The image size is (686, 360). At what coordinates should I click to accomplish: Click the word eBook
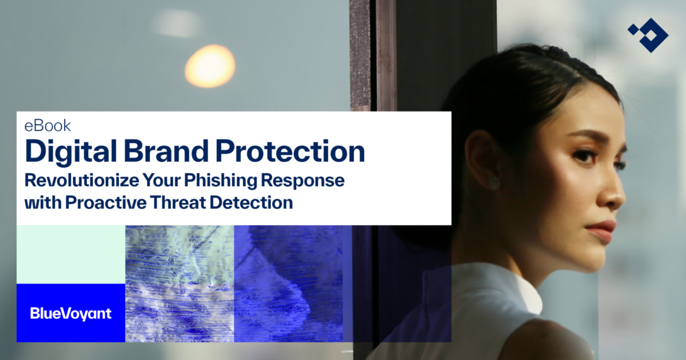click(x=48, y=126)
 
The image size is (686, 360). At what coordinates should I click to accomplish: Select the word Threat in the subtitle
click(x=177, y=202)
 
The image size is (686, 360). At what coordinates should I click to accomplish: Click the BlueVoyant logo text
click(x=70, y=313)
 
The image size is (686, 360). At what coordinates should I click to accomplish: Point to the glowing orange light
click(x=210, y=66)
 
